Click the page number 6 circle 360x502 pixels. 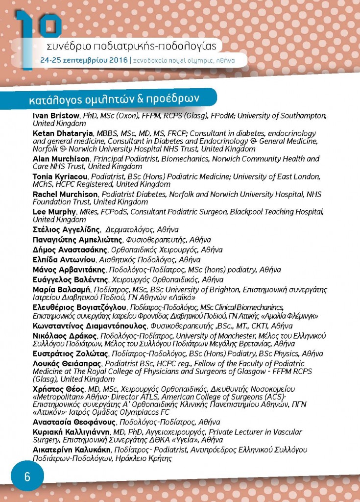tap(27, 476)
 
